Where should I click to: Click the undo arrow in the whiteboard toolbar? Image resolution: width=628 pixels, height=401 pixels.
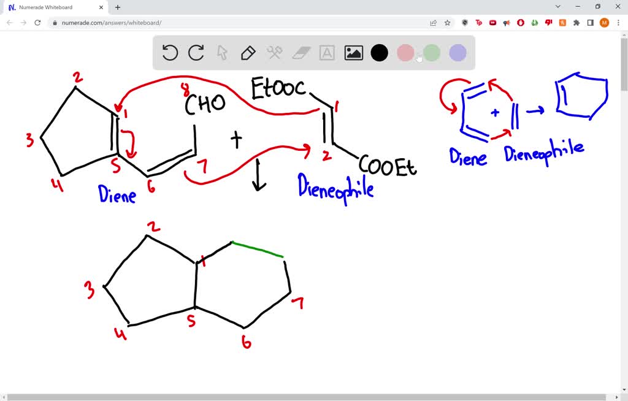pos(170,53)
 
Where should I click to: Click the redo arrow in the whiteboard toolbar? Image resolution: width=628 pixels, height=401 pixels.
pos(196,53)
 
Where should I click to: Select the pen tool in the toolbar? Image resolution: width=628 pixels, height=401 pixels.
pos(248,53)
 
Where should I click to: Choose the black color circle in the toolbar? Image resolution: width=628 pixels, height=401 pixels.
pos(380,53)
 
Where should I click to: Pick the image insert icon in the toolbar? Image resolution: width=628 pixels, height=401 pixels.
pos(354,53)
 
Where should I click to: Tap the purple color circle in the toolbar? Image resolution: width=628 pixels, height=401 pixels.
pos(458,53)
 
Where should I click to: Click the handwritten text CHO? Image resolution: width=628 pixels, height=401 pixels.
pos(205,104)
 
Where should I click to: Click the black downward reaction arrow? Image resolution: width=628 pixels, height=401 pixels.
pos(259,175)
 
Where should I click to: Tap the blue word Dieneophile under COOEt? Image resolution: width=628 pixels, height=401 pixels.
pos(335,186)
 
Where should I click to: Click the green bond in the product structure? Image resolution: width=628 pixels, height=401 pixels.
pos(258,250)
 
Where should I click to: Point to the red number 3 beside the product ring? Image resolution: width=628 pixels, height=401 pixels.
pos(90,289)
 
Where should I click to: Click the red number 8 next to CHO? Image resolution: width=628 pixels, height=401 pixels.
pos(185,90)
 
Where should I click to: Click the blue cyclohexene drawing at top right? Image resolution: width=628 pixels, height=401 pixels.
pos(581,96)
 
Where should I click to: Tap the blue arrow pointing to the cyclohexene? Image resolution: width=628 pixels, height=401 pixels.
pos(535,110)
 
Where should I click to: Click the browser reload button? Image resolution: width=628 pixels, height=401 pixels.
pos(37,23)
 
